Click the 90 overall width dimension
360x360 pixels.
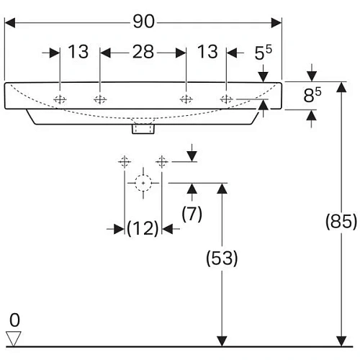(x=144, y=22)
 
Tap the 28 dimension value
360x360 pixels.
(x=143, y=53)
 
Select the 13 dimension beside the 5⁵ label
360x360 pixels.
(x=207, y=53)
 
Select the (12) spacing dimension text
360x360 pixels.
(x=143, y=229)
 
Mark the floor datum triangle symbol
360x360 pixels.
(x=14, y=336)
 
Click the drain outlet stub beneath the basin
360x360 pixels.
(x=143, y=129)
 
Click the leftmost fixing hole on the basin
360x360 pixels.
(x=60, y=99)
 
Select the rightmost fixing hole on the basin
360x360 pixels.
(x=226, y=99)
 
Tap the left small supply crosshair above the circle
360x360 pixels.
(x=125, y=161)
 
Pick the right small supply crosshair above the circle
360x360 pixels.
(x=163, y=161)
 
